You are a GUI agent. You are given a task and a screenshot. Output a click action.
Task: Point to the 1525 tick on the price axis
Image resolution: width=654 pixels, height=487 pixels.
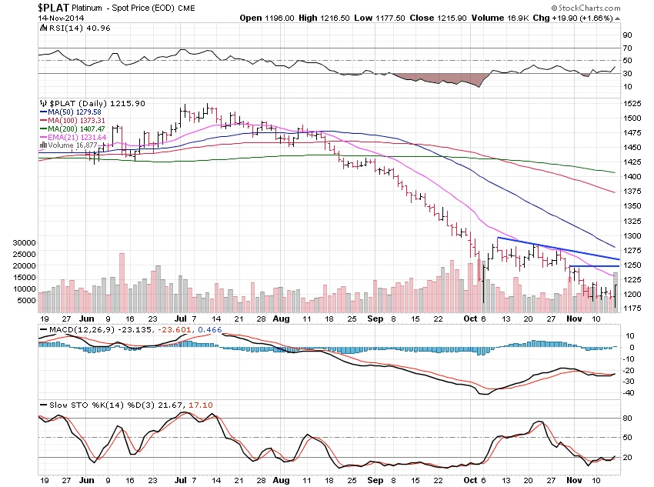click(x=632, y=103)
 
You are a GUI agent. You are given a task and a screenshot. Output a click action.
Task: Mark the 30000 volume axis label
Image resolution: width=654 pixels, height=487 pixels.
click(x=23, y=242)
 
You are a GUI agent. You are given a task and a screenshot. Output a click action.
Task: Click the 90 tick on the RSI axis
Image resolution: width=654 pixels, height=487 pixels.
click(x=628, y=35)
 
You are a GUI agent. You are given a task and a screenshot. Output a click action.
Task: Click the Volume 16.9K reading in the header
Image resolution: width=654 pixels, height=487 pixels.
click(x=476, y=17)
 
